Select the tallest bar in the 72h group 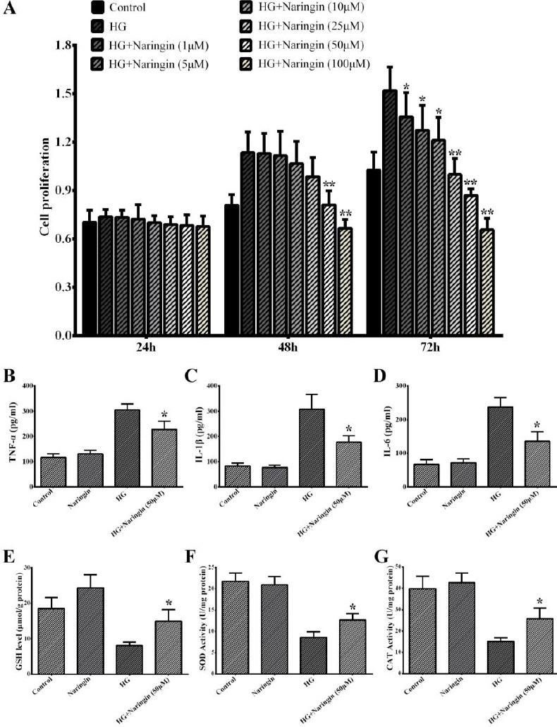point(390,212)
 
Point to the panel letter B point(10,377)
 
